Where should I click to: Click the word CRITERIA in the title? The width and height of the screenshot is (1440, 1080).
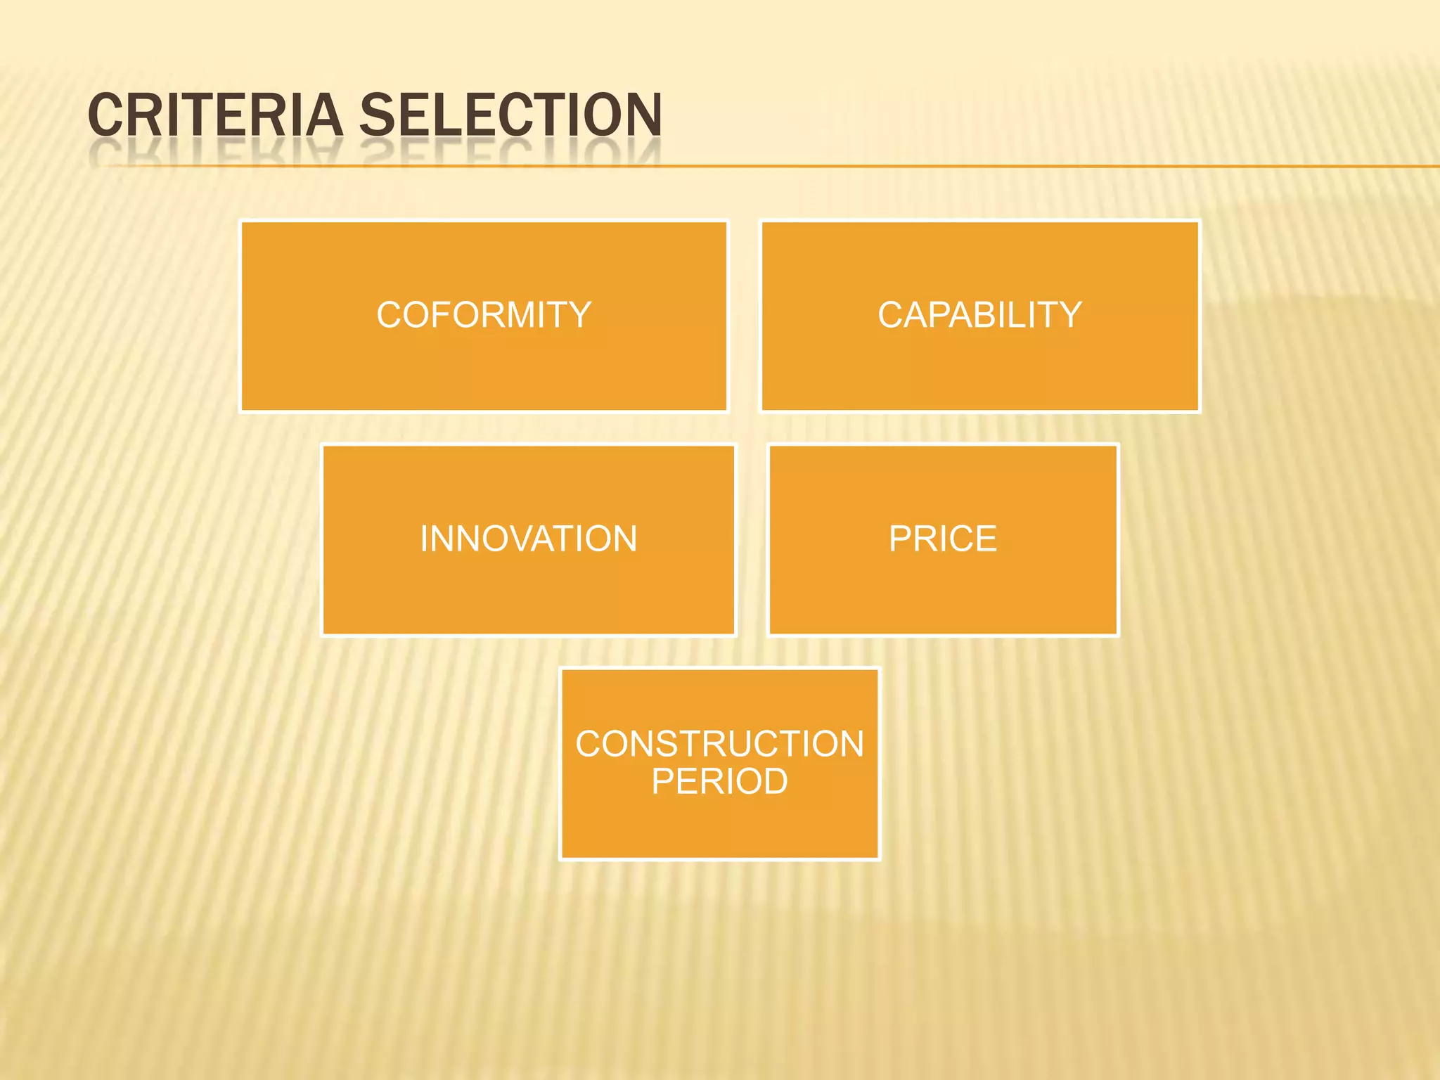(x=214, y=115)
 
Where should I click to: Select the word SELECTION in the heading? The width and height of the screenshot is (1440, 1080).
(x=510, y=115)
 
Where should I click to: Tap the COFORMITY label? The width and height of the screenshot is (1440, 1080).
(x=484, y=315)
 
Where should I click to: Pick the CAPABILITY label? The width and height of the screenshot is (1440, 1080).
(x=979, y=315)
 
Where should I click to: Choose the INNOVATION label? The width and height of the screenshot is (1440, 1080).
(x=528, y=539)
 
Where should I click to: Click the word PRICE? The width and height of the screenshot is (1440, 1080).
(x=942, y=539)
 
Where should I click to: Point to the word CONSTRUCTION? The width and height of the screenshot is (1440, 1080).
(x=719, y=744)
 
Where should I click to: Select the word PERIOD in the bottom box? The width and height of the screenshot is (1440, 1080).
(x=719, y=781)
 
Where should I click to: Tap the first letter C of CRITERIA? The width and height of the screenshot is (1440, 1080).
(x=105, y=115)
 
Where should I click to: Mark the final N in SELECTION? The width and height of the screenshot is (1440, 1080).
(x=643, y=115)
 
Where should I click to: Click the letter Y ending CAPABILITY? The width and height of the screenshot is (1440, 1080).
(x=1067, y=315)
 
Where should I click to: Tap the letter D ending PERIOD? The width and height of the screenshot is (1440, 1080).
(x=772, y=781)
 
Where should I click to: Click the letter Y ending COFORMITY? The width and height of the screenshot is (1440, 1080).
(x=578, y=315)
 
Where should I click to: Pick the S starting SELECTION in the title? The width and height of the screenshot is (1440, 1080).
(x=377, y=115)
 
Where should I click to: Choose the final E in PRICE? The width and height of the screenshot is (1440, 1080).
(x=986, y=539)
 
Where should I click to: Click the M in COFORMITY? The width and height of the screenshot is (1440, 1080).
(x=525, y=315)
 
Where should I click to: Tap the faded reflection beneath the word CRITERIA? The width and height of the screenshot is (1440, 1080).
(x=214, y=150)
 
